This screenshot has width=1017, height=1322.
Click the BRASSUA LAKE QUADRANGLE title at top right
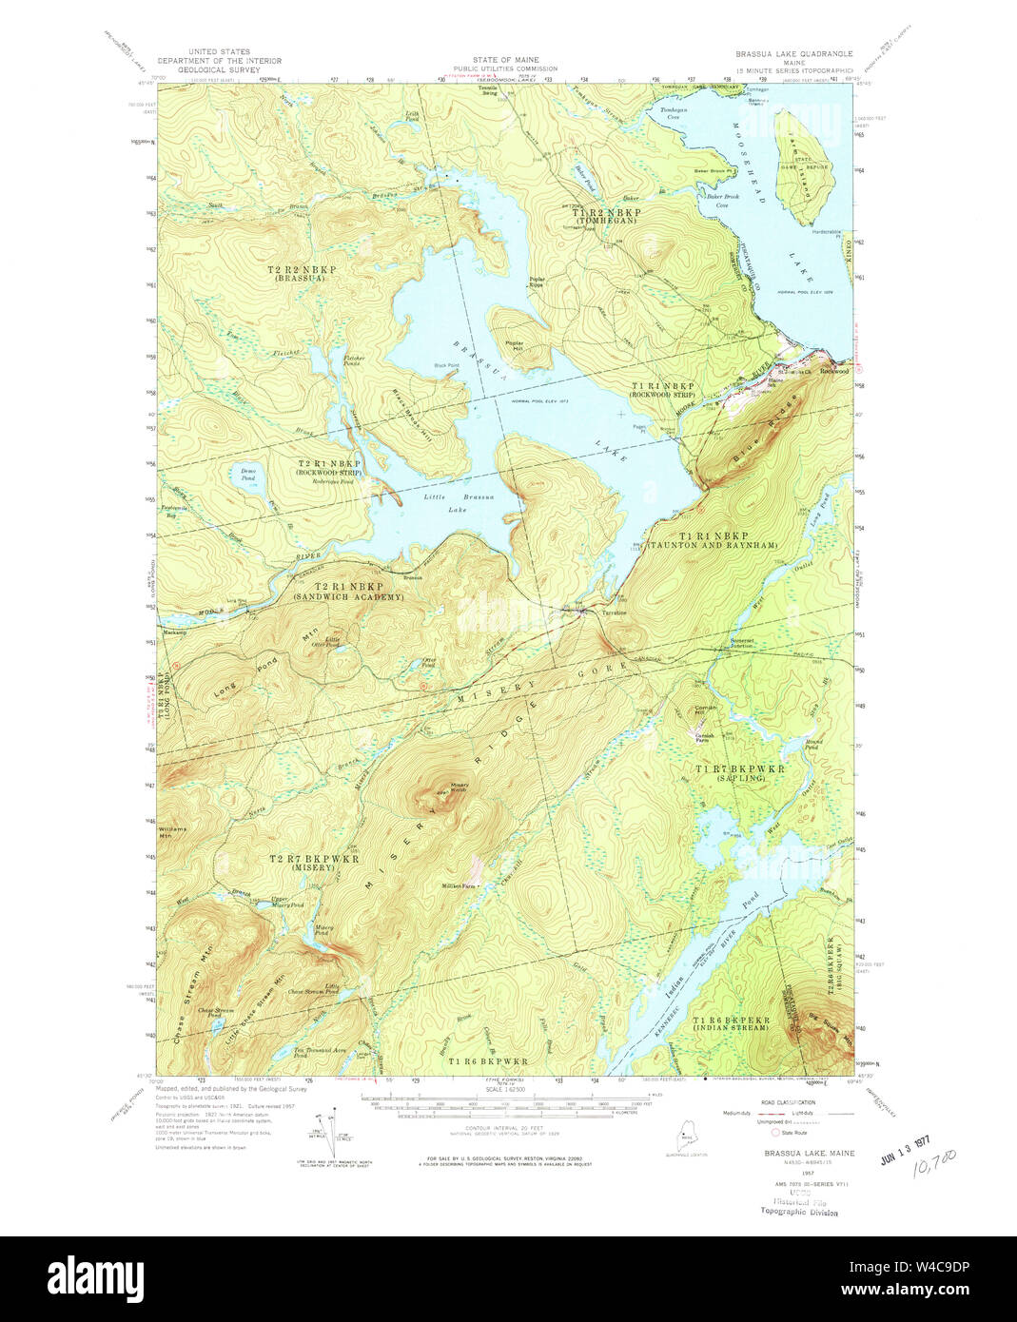(793, 54)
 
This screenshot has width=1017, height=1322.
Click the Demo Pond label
(248, 475)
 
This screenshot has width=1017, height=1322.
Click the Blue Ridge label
(761, 437)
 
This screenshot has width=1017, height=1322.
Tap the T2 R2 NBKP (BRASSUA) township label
(302, 274)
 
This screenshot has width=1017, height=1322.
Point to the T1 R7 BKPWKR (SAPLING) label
(730, 772)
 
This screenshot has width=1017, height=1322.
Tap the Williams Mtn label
(172, 832)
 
